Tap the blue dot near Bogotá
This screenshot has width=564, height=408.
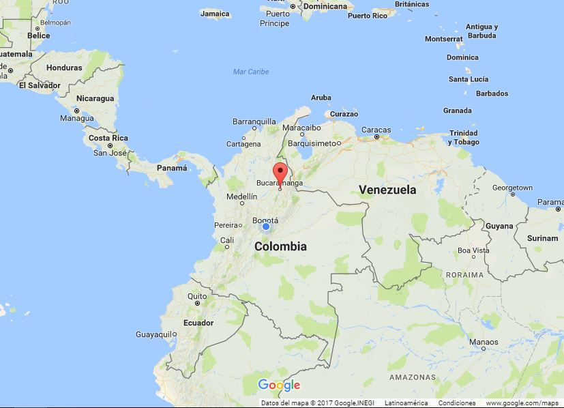click(266, 227)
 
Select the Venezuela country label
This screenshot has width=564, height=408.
click(387, 190)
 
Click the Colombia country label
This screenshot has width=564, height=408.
click(280, 246)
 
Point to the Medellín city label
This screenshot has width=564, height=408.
click(241, 196)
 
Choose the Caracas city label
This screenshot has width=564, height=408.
click(376, 130)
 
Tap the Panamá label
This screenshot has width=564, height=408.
click(171, 168)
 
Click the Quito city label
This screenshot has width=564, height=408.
click(197, 296)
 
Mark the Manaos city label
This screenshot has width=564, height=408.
click(484, 342)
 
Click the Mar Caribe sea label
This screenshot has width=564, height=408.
click(251, 72)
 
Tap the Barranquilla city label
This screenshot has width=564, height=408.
click(254, 121)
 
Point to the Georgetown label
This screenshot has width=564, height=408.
click(512, 187)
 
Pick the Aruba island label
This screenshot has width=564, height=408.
click(321, 98)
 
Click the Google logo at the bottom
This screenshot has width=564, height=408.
click(280, 385)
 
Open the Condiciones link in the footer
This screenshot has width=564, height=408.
click(457, 403)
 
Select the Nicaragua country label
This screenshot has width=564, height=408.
click(95, 98)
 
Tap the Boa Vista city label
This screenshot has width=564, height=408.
click(473, 250)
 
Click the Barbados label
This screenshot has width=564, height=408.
click(492, 93)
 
